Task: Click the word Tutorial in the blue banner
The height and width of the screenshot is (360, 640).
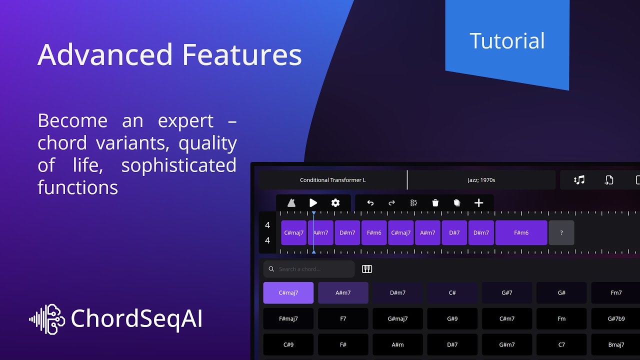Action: (x=507, y=41)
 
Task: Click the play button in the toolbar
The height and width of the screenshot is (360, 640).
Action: (x=313, y=202)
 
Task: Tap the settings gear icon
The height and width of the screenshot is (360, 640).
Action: (x=335, y=202)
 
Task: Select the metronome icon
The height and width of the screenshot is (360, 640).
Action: (x=291, y=202)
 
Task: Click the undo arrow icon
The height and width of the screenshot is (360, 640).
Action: (x=370, y=202)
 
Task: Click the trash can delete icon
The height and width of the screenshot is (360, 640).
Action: (x=435, y=202)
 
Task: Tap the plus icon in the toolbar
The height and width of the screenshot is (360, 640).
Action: (x=478, y=202)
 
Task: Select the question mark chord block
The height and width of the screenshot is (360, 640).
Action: (x=561, y=232)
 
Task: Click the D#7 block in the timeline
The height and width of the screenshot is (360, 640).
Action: (x=454, y=232)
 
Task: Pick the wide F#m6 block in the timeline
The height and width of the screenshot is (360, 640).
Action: (x=521, y=232)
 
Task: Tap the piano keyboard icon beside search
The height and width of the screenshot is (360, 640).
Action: (x=367, y=269)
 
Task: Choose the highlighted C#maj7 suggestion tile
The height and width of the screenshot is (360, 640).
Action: (x=288, y=292)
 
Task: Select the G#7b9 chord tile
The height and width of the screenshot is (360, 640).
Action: (x=616, y=318)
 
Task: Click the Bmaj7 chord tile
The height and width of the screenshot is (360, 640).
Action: (x=616, y=344)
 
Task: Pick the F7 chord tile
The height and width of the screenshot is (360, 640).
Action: (x=343, y=318)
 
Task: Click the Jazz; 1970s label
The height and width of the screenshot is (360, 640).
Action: (x=481, y=180)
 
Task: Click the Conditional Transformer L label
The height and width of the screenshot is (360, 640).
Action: (x=332, y=180)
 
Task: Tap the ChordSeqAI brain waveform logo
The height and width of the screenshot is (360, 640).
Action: (x=47, y=319)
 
